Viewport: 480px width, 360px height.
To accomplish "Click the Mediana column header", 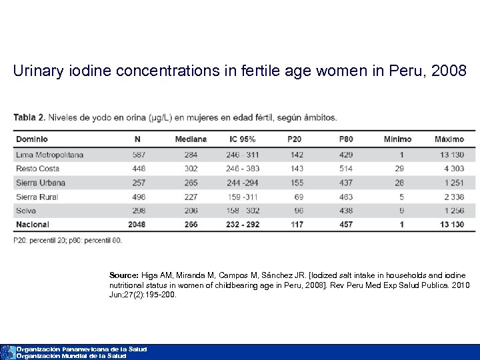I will (191, 139).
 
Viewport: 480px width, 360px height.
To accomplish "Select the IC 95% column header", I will (242, 139).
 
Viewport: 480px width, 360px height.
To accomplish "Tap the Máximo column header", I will (449, 139).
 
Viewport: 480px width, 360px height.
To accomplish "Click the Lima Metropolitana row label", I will (50, 155).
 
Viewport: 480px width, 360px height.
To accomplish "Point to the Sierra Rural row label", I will (37, 197).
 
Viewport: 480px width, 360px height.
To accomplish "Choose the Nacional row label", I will (33, 225).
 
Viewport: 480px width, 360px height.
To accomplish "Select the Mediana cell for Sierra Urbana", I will (191, 183).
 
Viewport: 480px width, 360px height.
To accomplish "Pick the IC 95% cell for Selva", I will (243, 211).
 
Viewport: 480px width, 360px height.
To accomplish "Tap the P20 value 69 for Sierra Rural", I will (298, 197).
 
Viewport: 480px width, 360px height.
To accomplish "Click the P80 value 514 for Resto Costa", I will (346, 169).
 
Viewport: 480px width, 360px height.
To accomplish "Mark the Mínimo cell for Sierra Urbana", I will (399, 183).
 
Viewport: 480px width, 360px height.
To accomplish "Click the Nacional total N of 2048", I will (137, 225).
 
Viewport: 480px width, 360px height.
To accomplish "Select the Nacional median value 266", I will (191, 225).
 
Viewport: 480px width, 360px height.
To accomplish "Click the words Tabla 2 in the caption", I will (29, 117).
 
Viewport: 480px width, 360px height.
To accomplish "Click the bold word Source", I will (124, 275).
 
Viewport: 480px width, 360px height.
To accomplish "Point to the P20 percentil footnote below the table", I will (67, 240).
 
